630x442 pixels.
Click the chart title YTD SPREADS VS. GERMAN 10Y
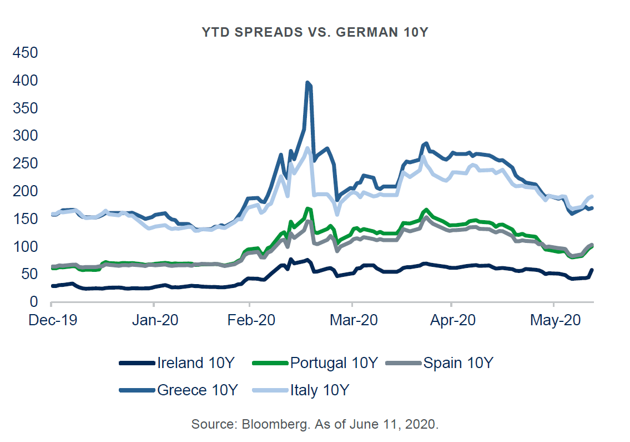point(315,32)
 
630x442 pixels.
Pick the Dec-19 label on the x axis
point(51,321)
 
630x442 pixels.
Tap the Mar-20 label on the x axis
point(352,321)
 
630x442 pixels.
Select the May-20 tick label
point(554,321)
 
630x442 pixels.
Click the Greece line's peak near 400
point(308,83)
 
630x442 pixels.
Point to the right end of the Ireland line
point(592,270)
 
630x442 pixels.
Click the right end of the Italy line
point(592,196)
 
